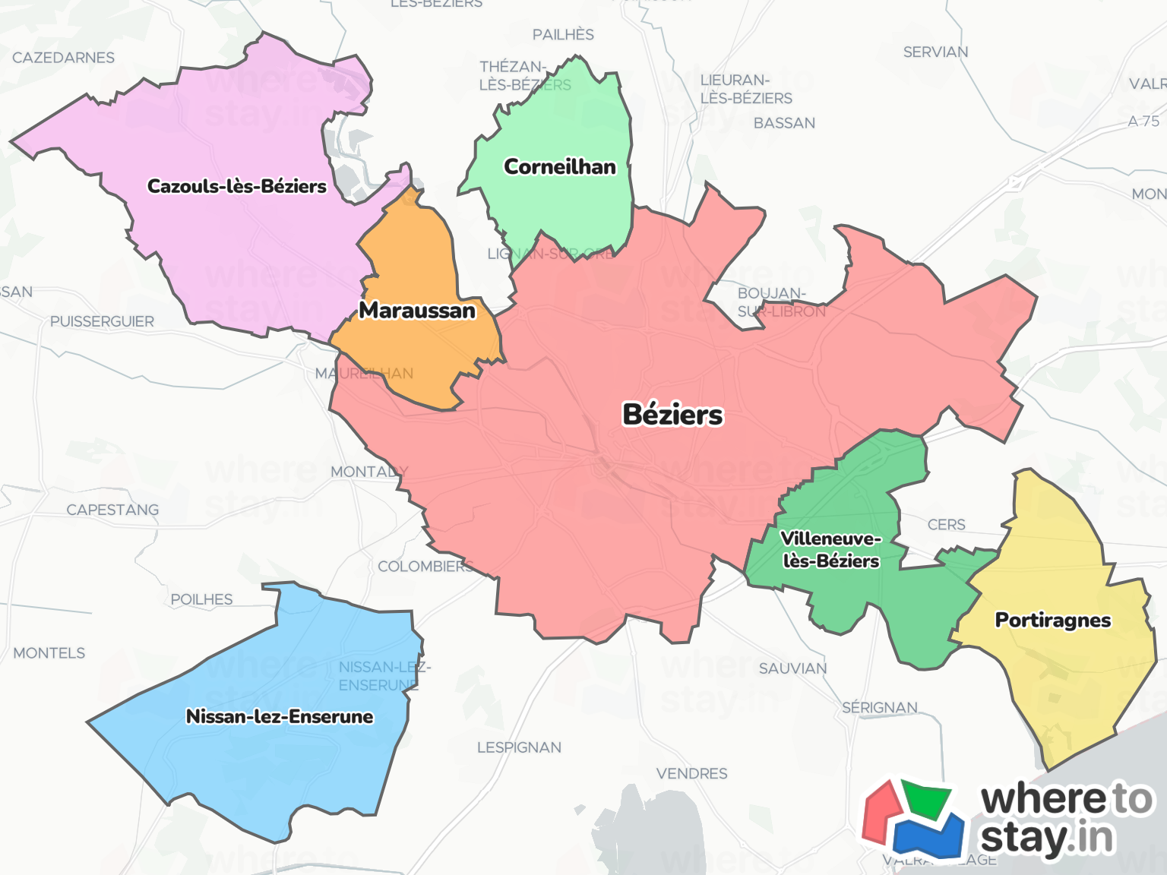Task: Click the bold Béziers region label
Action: (x=672, y=415)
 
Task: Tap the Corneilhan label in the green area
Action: (x=560, y=166)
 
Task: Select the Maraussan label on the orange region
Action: (x=417, y=310)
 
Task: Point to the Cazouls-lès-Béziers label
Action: (x=237, y=186)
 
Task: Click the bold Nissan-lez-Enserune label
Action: (x=280, y=716)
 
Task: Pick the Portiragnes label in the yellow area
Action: (x=1053, y=620)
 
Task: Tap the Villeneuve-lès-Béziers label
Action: (x=831, y=550)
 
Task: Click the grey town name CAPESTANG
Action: (x=112, y=510)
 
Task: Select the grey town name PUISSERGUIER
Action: (x=102, y=321)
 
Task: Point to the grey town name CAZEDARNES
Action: (x=63, y=58)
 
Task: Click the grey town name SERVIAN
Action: (x=935, y=52)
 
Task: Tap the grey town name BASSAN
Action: (x=784, y=123)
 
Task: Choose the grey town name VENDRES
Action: (x=691, y=773)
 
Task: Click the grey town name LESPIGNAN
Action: (x=519, y=747)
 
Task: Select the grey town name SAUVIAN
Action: (x=792, y=668)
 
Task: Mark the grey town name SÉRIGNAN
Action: (x=880, y=707)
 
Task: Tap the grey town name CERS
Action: (x=946, y=525)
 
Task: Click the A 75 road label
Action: (x=1143, y=121)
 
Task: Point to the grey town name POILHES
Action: (x=201, y=599)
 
